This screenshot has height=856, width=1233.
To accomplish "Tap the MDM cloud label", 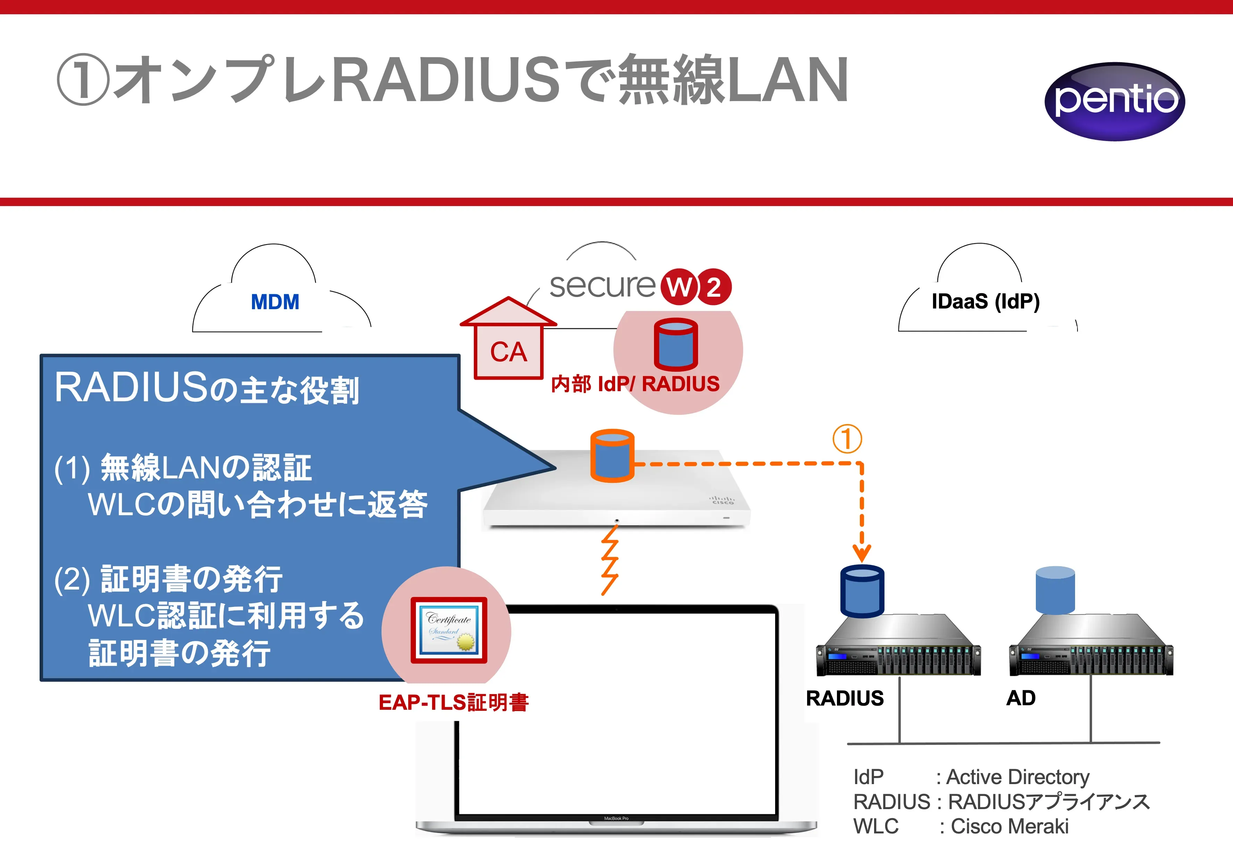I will point(275,302).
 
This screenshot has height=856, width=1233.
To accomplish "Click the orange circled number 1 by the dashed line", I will point(847,439).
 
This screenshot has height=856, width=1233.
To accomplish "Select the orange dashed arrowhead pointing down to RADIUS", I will point(862,552).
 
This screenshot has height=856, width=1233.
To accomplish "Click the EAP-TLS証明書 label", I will point(453,702).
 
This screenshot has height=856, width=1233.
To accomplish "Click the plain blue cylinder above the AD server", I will point(1055,590).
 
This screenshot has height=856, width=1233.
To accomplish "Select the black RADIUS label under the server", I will point(845,698).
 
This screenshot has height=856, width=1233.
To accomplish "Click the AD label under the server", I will point(1021,698).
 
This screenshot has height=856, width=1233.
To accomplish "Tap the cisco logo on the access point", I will point(722,500).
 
